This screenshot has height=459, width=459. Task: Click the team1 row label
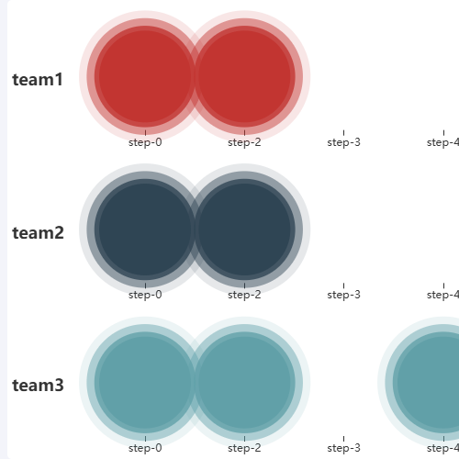tap(38, 80)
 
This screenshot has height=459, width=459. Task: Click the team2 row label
tap(39, 233)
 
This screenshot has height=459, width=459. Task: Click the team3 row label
tap(39, 386)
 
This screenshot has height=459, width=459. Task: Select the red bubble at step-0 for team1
tap(145, 76)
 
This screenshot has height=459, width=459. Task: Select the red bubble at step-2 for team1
tap(244, 76)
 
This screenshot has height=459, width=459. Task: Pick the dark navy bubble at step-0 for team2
tap(145, 229)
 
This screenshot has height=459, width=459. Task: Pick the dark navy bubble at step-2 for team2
tap(244, 229)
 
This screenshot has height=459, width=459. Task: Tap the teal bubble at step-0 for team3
tap(145, 383)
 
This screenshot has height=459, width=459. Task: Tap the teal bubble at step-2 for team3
tap(244, 383)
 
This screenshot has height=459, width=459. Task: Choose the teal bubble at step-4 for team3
tap(429, 383)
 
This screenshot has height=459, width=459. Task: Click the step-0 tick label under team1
tap(145, 142)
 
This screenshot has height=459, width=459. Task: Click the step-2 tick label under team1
tap(244, 142)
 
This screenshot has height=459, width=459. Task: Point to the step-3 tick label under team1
tap(344, 142)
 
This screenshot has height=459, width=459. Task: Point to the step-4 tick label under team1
tap(443, 142)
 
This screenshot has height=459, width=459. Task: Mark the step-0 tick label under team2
tap(145, 295)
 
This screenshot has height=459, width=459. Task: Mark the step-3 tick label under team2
tap(344, 295)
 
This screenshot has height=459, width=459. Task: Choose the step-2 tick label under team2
tap(244, 295)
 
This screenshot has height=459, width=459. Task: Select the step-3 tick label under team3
tap(344, 448)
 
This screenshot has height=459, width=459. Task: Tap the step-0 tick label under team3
tap(145, 448)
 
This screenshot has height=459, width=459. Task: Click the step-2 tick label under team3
tap(244, 448)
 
